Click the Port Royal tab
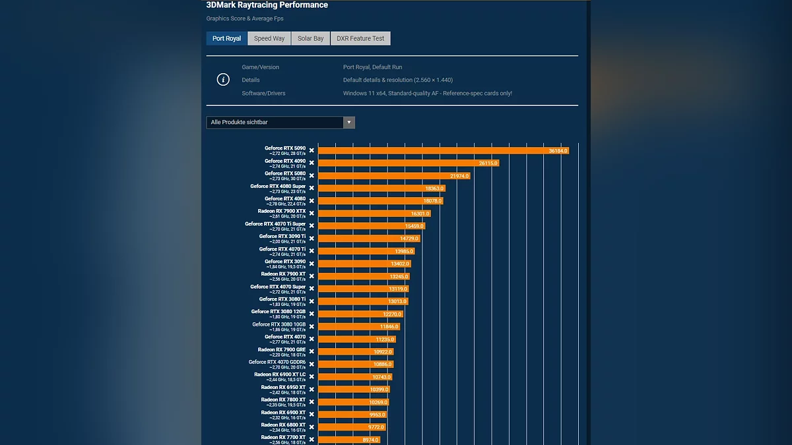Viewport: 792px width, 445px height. click(226, 39)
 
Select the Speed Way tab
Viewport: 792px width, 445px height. click(269, 39)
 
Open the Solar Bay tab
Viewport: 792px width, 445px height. click(310, 39)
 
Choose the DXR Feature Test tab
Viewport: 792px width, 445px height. click(360, 39)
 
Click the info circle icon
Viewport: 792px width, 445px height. click(223, 80)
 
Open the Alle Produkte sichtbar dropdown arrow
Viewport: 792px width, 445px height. click(349, 123)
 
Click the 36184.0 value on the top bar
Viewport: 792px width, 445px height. click(558, 151)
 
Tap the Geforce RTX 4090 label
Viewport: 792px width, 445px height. click(285, 161)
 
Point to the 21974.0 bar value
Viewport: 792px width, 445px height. click(459, 176)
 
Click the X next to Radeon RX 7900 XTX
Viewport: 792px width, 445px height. click(312, 214)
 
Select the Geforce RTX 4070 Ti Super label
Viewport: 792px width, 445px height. click(275, 224)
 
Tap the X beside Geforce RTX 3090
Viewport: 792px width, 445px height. click(312, 264)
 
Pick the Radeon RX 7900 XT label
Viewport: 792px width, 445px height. click(283, 274)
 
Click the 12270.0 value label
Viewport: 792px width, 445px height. click(392, 314)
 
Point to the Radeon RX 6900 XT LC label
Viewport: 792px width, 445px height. click(280, 374)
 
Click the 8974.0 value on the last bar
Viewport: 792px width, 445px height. click(370, 440)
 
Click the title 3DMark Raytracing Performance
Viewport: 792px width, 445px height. click(267, 5)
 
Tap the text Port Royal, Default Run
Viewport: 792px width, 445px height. click(372, 67)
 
